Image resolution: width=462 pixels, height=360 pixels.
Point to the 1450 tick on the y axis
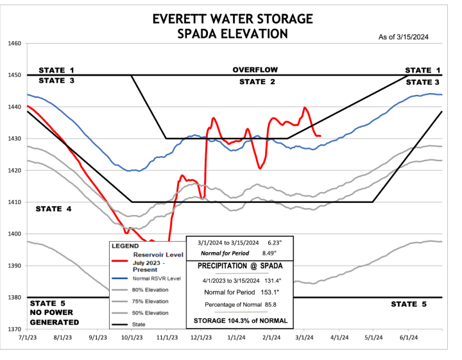click(x=14, y=75)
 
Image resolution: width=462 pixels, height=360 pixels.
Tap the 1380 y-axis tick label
click(x=14, y=297)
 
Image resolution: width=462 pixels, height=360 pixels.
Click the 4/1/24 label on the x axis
click(x=339, y=336)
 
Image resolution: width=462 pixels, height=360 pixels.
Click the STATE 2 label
click(x=257, y=81)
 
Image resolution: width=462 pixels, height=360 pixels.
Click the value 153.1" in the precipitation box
click(x=283, y=292)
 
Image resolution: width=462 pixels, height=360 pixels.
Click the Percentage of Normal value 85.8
click(x=285, y=305)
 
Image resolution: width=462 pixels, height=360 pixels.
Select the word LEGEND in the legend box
click(x=125, y=245)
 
